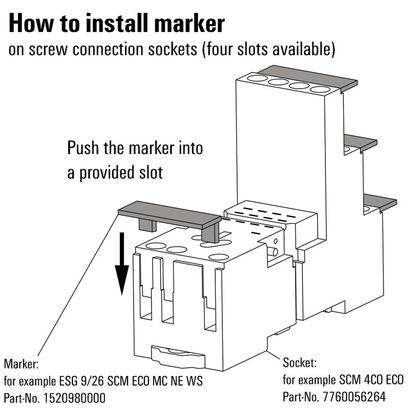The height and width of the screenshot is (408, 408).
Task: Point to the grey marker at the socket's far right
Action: pos(380,201)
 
